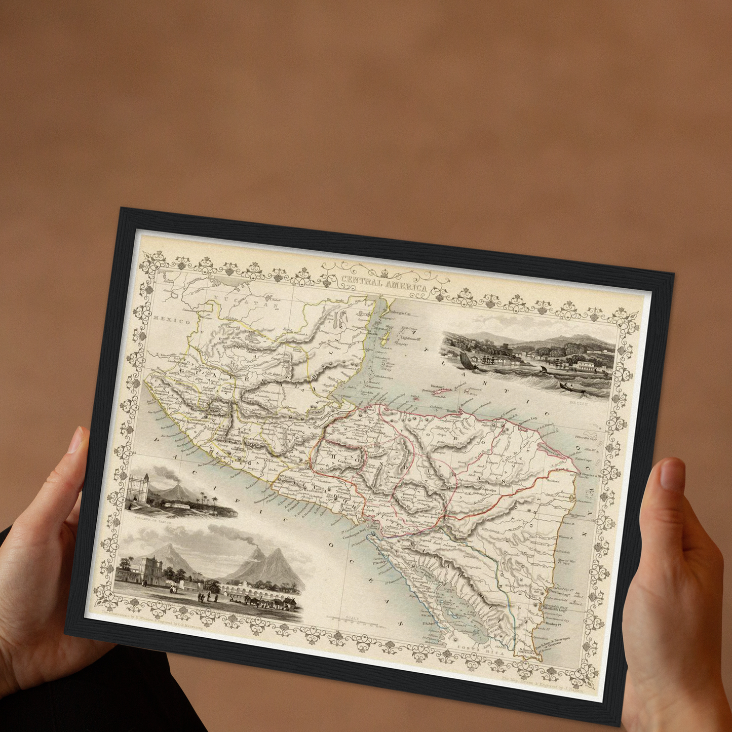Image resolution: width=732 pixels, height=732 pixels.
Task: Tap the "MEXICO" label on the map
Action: (171, 321)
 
